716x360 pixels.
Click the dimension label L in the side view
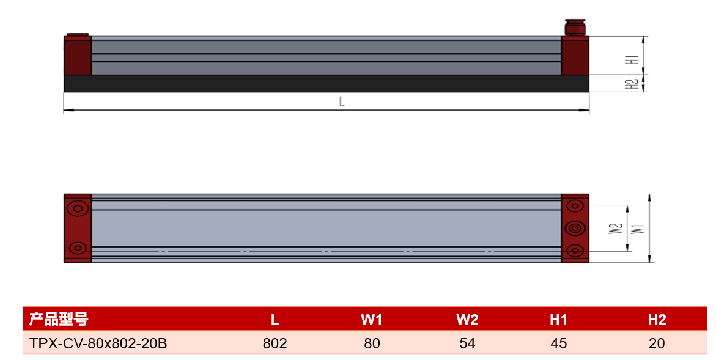[x=342, y=102]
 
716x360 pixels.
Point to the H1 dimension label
[x=632, y=60]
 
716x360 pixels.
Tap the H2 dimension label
[x=632, y=84]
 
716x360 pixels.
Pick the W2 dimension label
[x=616, y=229]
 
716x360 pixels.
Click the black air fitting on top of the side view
[x=575, y=27]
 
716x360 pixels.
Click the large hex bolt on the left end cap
[x=77, y=208]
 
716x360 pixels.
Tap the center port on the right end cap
[x=575, y=228]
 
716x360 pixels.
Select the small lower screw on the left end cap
[x=77, y=248]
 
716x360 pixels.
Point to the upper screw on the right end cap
[x=575, y=206]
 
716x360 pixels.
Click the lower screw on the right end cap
[x=575, y=251]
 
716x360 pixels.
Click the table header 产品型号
[x=59, y=319]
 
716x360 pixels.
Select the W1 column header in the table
[x=371, y=320]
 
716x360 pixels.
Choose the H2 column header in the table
[x=657, y=320]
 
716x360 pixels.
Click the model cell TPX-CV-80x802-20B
[x=98, y=343]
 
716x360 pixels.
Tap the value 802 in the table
[x=275, y=343]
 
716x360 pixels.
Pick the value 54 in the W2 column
[x=467, y=343]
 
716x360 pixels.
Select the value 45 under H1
[x=558, y=343]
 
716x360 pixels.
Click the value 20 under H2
[x=657, y=343]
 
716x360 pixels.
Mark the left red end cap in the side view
[x=78, y=55]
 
